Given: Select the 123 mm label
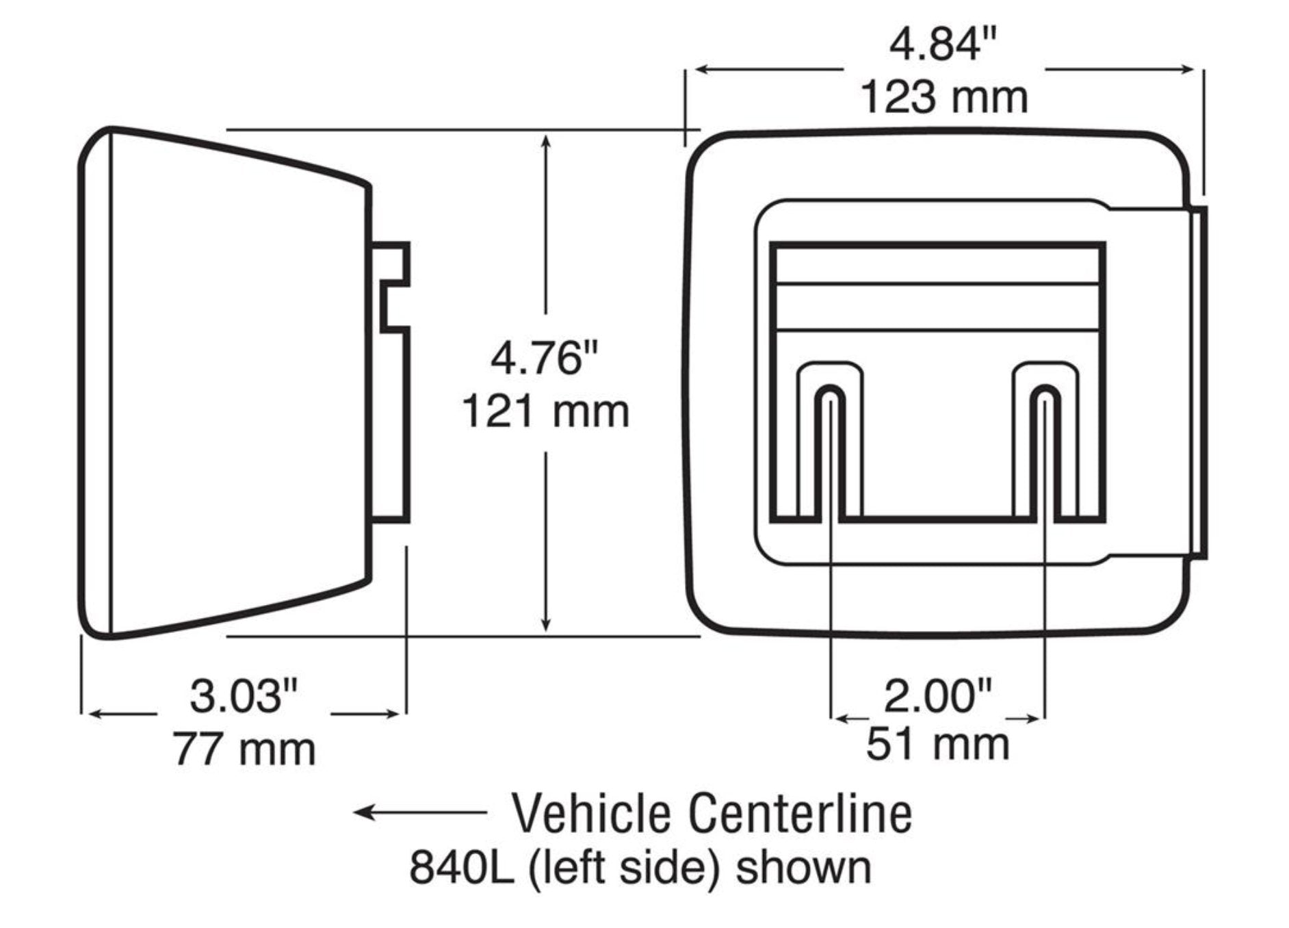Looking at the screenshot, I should coord(943,97).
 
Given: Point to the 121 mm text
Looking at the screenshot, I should coord(545,412).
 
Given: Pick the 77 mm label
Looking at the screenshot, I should coord(244,749).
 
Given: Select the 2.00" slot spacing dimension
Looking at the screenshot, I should coord(937,696).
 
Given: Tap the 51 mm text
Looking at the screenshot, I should coord(937,745).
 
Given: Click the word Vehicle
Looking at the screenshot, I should coord(591,814).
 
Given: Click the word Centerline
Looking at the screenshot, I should coord(800,814).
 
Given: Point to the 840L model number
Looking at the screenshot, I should coord(460,867).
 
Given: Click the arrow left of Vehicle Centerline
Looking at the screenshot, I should coord(419,812).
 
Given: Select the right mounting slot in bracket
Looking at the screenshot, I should coord(1045,452).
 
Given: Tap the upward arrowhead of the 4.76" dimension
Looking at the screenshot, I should coord(545,142).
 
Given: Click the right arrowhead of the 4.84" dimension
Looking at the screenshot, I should coord(1188,69).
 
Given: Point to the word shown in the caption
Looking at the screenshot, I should coord(803,867).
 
